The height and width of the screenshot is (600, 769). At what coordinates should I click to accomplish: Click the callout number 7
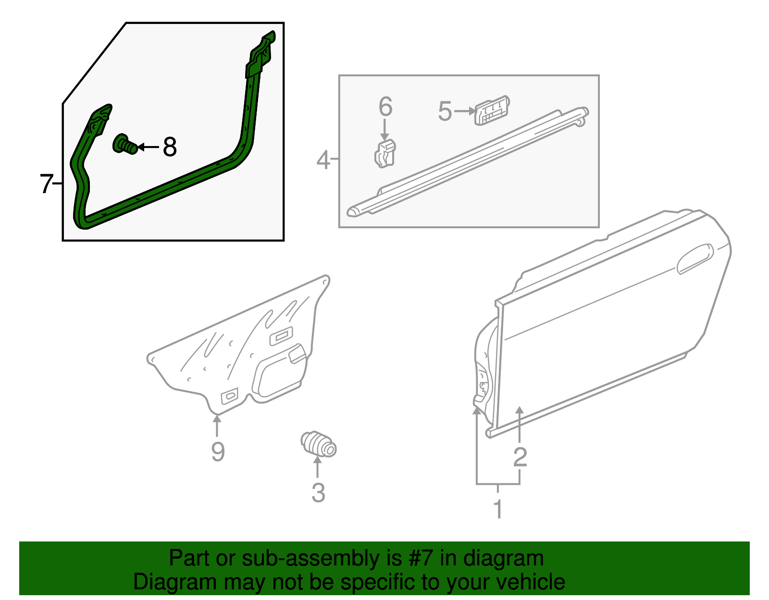46,184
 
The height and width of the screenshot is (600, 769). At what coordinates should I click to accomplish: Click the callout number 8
169,147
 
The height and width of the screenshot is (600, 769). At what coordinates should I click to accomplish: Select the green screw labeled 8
124,144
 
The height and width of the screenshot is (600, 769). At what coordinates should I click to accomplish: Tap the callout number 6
385,107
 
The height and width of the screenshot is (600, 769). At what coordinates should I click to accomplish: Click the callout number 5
445,111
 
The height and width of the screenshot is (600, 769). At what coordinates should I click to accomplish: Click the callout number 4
323,159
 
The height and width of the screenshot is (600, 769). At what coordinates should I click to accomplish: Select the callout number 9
218,452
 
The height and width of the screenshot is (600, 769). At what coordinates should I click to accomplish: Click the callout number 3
318,493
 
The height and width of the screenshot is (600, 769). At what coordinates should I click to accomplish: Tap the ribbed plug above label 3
318,444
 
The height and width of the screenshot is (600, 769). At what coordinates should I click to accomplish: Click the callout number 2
520,457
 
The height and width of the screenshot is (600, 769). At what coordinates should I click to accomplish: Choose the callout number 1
498,509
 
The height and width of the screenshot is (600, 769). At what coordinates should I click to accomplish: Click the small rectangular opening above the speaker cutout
281,336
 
